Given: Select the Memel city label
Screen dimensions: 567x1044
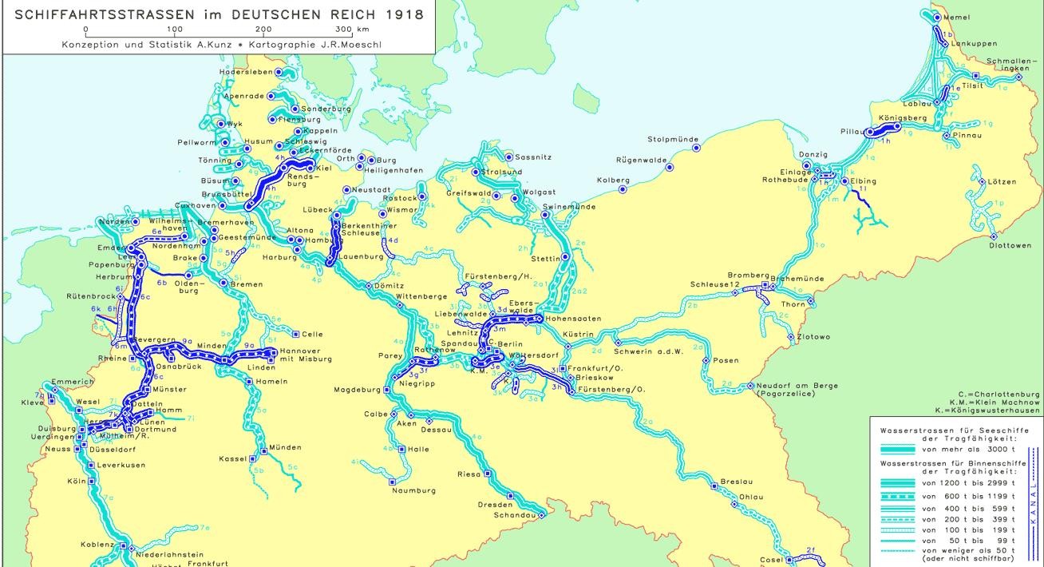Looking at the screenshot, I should pyautogui.click(x=956, y=18).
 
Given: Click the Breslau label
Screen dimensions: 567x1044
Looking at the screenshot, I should pyautogui.click(x=736, y=482).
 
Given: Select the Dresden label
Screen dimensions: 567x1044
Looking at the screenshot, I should pyautogui.click(x=495, y=505).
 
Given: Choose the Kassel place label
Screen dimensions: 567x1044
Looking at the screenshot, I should pyautogui.click(x=233, y=459).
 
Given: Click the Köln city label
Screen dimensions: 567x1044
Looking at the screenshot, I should pyautogui.click(x=76, y=482).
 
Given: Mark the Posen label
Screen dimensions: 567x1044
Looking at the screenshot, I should pyautogui.click(x=726, y=360).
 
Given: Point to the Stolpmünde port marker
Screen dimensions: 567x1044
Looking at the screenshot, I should pyautogui.click(x=696, y=148).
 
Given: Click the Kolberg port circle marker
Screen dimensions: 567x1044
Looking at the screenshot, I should pyautogui.click(x=623, y=190).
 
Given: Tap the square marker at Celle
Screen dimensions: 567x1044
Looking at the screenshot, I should pyautogui.click(x=296, y=334).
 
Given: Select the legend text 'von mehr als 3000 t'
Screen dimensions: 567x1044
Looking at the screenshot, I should pyautogui.click(x=955, y=450).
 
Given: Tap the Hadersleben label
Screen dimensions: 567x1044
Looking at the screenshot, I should pyautogui.click(x=246, y=72).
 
